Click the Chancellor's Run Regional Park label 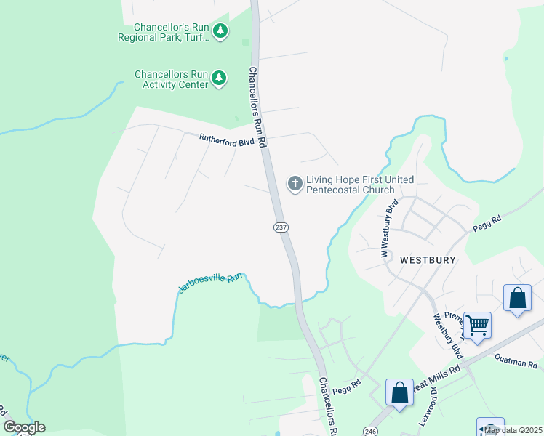[164, 33]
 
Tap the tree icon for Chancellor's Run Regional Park [220, 31]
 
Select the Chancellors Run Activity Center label [171, 79]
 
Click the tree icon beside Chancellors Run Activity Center [219, 79]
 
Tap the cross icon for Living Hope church [295, 183]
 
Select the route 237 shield [281, 227]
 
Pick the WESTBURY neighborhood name [427, 259]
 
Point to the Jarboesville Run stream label [209, 283]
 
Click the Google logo [24, 427]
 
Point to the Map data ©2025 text [513, 430]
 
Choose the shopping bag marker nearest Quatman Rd [517, 298]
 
